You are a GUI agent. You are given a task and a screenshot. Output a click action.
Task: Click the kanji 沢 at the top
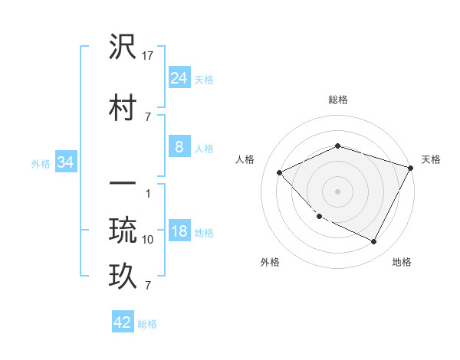click(123, 47)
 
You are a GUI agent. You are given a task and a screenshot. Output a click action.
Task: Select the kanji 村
click(123, 106)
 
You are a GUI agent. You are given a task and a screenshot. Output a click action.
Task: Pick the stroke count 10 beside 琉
click(149, 240)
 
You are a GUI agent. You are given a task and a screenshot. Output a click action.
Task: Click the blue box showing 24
click(179, 78)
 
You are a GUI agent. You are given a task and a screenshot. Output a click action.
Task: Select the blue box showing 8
click(179, 147)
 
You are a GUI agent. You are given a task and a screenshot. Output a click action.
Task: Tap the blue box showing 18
click(179, 232)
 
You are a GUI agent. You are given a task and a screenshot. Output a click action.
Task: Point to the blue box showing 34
click(65, 162)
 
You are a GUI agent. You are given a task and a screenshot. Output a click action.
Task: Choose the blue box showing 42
click(123, 322)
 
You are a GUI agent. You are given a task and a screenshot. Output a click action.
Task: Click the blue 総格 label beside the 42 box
click(147, 324)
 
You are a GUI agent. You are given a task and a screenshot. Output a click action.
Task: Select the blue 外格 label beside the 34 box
click(41, 163)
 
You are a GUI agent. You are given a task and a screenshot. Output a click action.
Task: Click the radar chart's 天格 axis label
click(431, 159)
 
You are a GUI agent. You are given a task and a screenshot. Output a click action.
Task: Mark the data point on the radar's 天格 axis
click(411, 168)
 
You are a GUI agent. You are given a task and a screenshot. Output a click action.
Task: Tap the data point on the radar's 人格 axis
click(280, 173)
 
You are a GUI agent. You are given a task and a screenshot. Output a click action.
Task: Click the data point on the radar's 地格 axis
click(373, 242)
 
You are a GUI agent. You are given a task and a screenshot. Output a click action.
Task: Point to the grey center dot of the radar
click(338, 191)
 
